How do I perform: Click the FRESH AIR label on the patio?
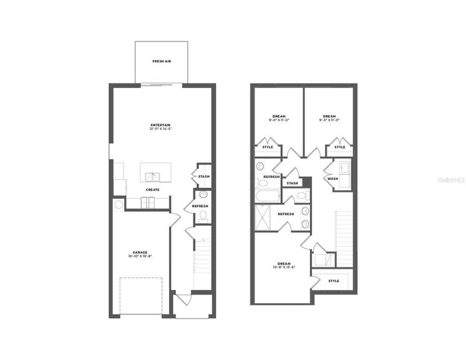(x=162, y=61)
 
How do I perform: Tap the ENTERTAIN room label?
(x=161, y=124)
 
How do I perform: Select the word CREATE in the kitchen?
(x=153, y=190)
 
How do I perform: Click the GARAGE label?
(x=140, y=252)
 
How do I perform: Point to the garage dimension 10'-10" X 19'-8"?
(x=140, y=256)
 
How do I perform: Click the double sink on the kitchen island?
(x=153, y=177)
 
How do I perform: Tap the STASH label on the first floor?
(x=204, y=176)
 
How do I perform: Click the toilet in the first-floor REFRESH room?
(x=203, y=215)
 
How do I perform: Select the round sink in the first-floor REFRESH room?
(x=203, y=195)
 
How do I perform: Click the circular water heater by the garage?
(x=118, y=205)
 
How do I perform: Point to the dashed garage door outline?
(x=140, y=296)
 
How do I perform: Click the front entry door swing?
(x=183, y=299)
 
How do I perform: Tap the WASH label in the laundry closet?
(x=333, y=179)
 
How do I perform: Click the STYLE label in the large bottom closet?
(x=334, y=281)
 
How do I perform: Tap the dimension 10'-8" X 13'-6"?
(x=284, y=268)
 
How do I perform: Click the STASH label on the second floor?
(x=293, y=183)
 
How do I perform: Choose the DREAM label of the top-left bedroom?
(x=278, y=116)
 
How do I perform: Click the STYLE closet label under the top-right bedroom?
(x=340, y=148)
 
